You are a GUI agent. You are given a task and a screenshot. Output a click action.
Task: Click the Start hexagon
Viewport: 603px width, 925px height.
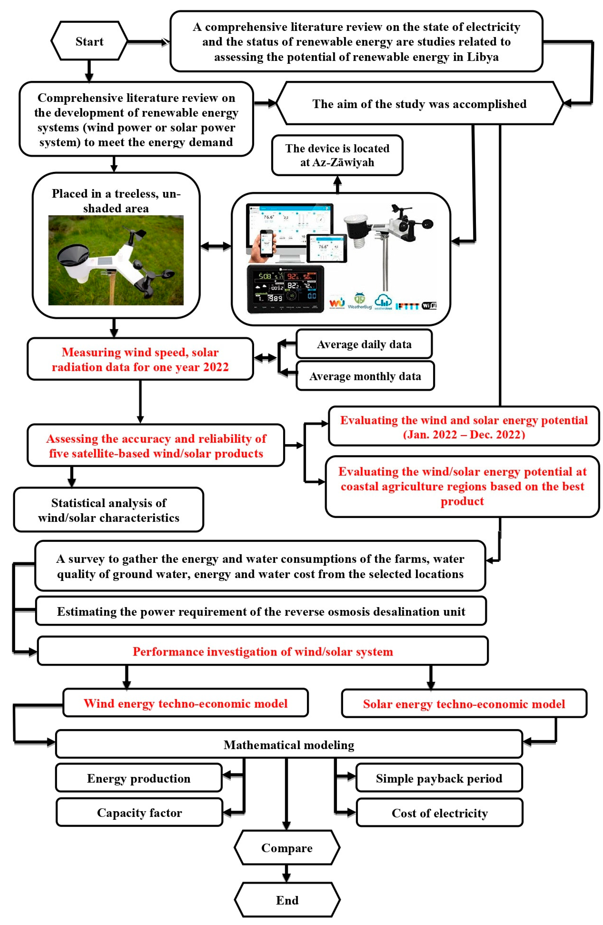89,41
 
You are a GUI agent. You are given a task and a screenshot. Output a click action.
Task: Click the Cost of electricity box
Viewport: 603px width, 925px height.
439,813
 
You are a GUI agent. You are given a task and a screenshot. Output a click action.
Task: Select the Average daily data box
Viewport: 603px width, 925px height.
364,344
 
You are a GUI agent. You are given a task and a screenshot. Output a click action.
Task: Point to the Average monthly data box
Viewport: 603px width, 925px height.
365,376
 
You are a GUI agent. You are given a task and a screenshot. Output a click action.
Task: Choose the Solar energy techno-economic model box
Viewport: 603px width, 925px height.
464,704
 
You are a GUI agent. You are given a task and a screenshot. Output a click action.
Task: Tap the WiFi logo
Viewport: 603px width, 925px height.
429,306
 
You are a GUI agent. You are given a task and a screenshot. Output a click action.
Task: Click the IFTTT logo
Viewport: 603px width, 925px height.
407,306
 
